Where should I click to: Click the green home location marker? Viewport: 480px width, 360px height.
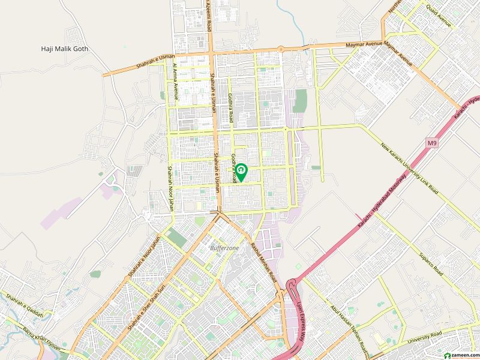tap(241, 172)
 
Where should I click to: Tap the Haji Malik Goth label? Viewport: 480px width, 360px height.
tap(63, 49)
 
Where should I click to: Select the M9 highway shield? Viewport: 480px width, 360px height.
tap(433, 143)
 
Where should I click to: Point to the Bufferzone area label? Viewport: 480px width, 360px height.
tap(224, 247)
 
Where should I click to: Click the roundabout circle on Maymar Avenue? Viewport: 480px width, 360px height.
tap(280, 49)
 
